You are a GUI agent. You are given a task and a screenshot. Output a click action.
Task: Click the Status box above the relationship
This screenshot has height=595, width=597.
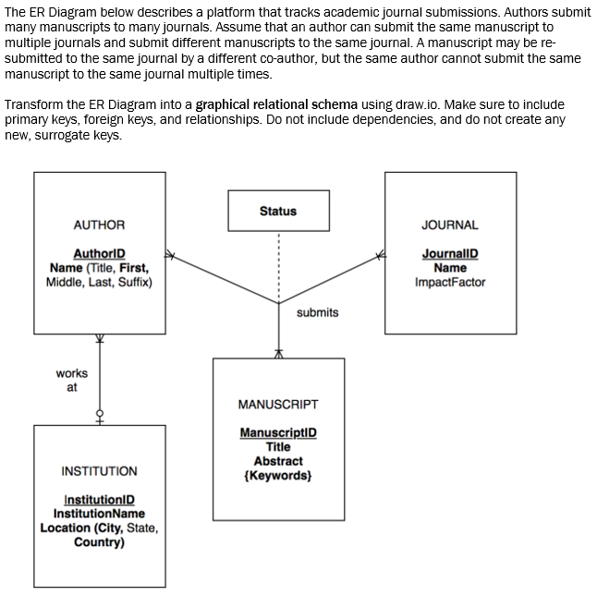coord(278,211)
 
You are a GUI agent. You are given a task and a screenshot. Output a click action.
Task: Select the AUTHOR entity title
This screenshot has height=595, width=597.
coord(99,225)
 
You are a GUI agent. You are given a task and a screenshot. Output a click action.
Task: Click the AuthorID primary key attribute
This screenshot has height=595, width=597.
coord(99,254)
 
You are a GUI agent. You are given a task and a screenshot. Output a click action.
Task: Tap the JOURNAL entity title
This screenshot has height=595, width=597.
coord(450,225)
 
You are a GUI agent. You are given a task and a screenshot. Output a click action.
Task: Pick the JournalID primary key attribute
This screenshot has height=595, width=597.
coord(450,254)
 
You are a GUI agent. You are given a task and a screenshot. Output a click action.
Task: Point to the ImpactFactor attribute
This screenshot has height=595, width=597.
coord(450,282)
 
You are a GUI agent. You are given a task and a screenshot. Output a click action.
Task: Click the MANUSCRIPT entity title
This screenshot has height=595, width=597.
coord(278,404)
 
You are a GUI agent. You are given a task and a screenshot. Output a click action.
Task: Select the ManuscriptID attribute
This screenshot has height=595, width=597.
coord(278,432)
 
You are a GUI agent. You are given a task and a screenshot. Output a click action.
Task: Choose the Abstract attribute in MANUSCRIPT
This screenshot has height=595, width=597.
coord(278,461)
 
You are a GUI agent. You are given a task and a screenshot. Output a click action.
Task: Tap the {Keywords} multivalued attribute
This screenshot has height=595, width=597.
coord(278,475)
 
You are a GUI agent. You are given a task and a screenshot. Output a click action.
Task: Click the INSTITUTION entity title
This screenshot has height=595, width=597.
coord(99,471)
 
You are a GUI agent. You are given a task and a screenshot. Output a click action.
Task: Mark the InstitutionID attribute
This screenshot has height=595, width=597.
coord(99,500)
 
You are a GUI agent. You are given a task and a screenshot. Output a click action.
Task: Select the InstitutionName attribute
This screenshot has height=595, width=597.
coord(99,514)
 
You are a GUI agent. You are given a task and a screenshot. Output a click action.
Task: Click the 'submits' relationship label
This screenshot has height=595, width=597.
coord(317,312)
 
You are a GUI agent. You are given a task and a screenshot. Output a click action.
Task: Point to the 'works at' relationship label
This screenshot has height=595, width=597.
coord(72,380)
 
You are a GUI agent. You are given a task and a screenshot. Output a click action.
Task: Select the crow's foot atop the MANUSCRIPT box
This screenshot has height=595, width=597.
coord(278,353)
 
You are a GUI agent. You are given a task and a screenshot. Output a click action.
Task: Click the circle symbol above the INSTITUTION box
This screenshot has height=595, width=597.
coord(99,412)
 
